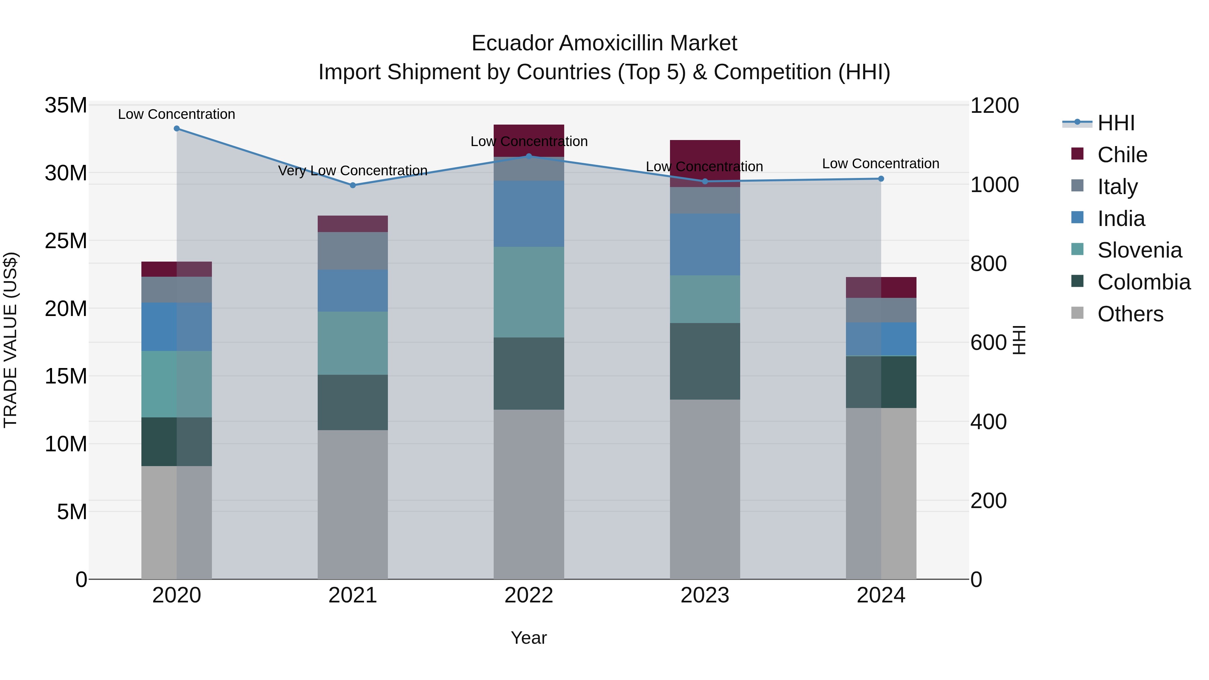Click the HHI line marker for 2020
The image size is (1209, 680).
176,129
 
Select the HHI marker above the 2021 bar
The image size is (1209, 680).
353,185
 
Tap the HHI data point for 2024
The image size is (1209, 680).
881,179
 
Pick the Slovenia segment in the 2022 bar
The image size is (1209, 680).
529,292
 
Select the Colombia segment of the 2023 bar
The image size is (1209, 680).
705,361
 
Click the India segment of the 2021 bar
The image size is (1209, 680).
353,290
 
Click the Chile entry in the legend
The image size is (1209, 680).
1122,155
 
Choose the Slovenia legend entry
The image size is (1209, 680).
1139,250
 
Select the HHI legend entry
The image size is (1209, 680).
1116,123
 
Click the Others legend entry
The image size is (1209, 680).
1130,314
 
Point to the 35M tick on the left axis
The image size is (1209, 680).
66,105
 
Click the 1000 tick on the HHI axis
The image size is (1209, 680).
994,185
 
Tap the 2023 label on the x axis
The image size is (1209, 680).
705,595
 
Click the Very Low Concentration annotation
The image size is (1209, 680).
353,170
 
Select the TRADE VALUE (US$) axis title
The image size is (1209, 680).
11,340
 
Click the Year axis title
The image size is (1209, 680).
529,638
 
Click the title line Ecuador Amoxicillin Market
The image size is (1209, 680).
604,43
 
